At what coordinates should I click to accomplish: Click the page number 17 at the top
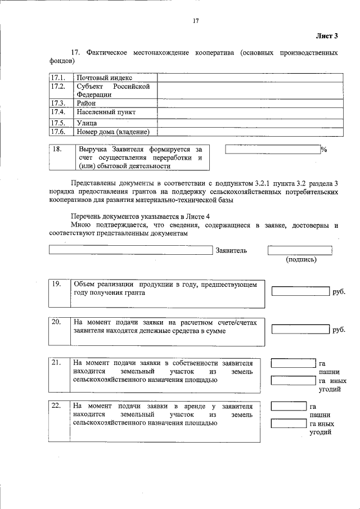196,21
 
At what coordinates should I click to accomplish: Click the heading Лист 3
327,37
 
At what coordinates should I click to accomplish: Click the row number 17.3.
58,103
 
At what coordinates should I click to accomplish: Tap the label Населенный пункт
107,112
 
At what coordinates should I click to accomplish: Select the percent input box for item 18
272,150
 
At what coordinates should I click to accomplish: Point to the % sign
324,150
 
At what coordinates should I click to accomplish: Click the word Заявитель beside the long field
231,250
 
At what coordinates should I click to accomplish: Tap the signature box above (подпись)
300,250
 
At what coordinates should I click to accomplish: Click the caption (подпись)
301,260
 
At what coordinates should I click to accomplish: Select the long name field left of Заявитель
131,250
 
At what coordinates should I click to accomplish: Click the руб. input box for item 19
300,291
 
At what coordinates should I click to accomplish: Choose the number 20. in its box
56,322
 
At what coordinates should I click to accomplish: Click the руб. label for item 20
339,330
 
